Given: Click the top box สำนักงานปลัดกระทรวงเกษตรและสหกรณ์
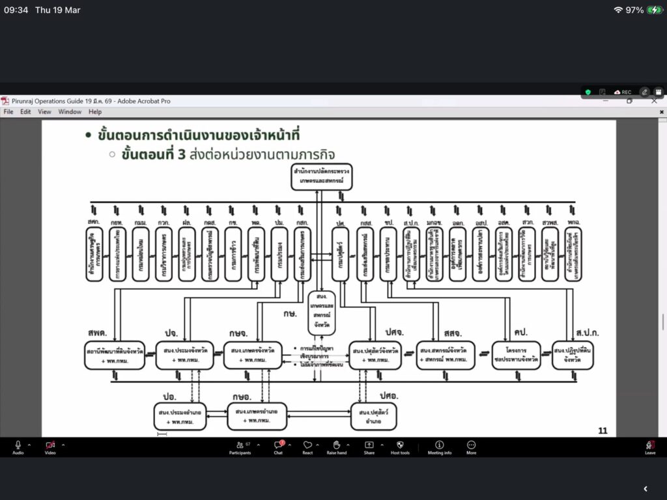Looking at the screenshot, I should [x=321, y=175].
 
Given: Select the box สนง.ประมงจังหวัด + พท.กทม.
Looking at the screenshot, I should [x=184, y=355].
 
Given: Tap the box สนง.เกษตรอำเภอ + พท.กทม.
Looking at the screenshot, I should [x=257, y=416].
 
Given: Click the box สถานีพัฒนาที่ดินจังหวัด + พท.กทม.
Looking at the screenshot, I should [x=115, y=355].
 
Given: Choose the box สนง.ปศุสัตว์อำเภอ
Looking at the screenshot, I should [x=373, y=416].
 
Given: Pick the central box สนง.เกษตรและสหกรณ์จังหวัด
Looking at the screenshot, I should [x=322, y=313].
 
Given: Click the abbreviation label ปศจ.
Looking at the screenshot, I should [x=394, y=332].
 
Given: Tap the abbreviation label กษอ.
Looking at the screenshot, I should [x=242, y=396].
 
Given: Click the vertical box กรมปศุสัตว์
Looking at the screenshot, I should [x=340, y=254].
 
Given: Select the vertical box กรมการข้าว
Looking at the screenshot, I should [x=233, y=254].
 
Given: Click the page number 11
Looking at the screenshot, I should [x=603, y=430].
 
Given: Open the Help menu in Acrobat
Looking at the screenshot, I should [x=95, y=112].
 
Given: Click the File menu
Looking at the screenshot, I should [x=8, y=112].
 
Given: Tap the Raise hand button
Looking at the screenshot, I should [x=337, y=447].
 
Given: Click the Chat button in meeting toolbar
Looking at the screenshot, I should [x=278, y=447].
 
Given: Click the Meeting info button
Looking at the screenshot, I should [x=439, y=447].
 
